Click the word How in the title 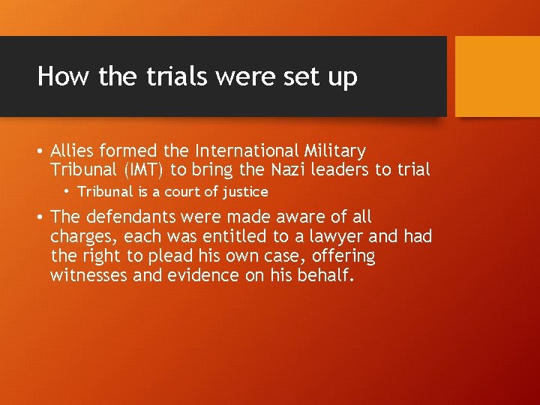coord(58,76)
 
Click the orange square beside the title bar coord(497,76)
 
